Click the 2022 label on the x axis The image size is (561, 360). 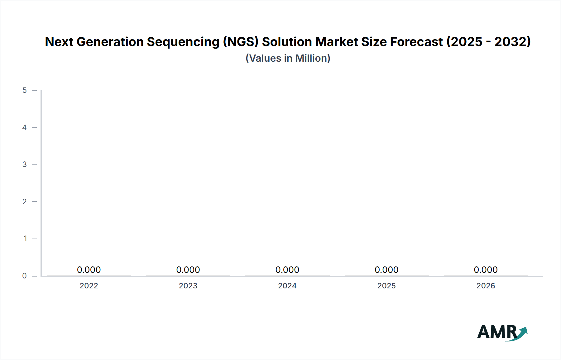(89, 286)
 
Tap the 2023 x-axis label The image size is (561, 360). (188, 286)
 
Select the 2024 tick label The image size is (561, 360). (287, 286)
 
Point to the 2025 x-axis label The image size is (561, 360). (386, 286)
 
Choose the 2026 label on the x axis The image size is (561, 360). (486, 286)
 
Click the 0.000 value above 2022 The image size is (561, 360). (89, 270)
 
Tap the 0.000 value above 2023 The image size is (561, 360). (188, 270)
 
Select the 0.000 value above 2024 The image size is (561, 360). (287, 270)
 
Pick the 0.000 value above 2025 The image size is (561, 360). (386, 270)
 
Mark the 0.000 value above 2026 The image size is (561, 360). (486, 270)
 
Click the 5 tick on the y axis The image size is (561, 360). (25, 90)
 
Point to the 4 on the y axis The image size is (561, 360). (25, 127)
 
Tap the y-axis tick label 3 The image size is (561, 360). (25, 164)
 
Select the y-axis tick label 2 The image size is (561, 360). (25, 201)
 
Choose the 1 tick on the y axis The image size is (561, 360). (25, 239)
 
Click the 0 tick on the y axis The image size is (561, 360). (25, 276)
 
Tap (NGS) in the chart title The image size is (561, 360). (241, 42)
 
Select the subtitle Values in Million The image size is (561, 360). (288, 58)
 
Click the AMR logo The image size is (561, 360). (502, 332)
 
